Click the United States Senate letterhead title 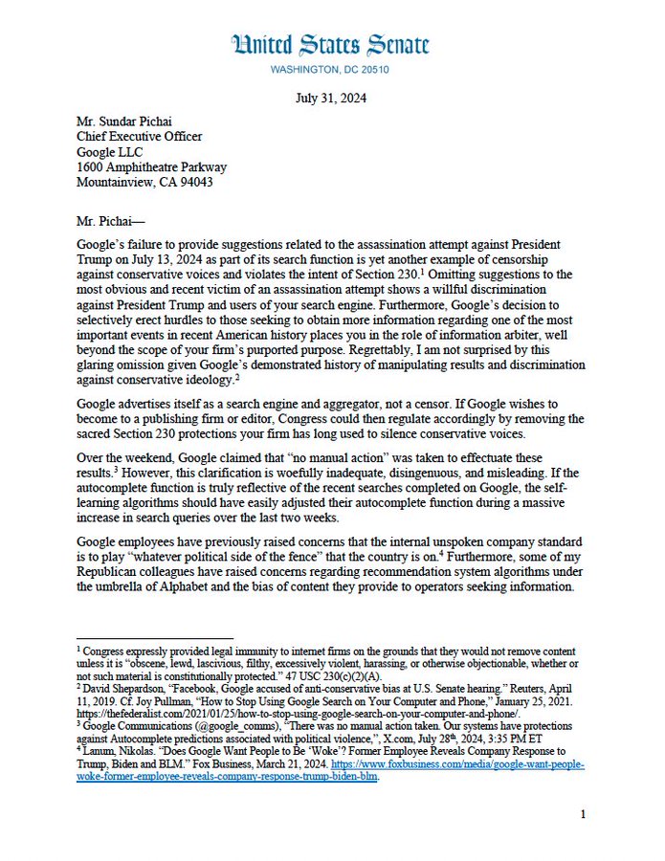(x=330, y=44)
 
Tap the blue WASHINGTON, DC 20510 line (x=330, y=70)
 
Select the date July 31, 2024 (x=330, y=99)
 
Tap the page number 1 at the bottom (x=582, y=814)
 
